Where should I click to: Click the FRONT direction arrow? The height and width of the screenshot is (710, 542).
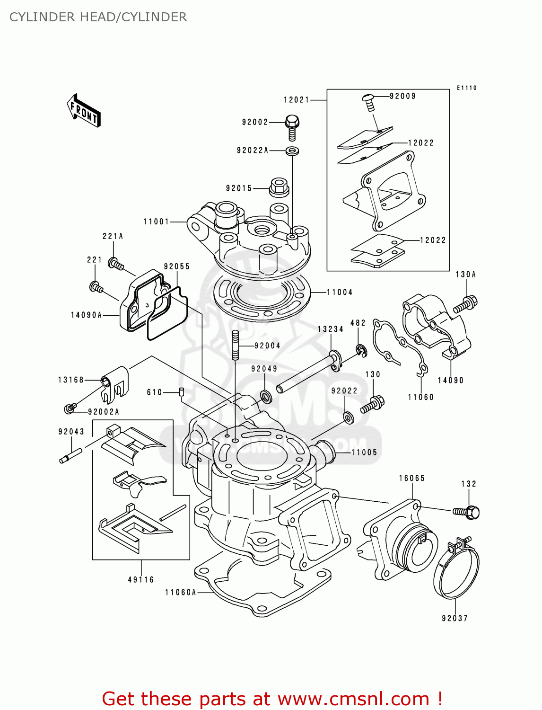[x=84, y=110]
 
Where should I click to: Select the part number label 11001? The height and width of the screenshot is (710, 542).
[x=156, y=222]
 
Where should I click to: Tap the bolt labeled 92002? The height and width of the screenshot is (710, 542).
[x=292, y=127]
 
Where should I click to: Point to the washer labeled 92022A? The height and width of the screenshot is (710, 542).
[x=292, y=151]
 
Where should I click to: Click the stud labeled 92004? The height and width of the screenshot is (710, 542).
[x=235, y=345]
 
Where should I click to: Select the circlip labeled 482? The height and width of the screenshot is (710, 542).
[x=360, y=351]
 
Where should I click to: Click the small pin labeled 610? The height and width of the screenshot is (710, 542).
[x=181, y=392]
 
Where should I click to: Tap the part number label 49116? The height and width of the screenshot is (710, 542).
[x=141, y=579]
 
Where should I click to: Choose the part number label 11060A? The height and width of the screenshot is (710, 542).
[x=180, y=592]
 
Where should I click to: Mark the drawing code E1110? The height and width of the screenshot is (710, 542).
[x=466, y=88]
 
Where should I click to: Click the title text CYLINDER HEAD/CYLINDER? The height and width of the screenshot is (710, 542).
[x=98, y=17]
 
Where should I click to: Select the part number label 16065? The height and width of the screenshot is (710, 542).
[x=411, y=478]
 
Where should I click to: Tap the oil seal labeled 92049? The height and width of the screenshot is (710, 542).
[x=266, y=396]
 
